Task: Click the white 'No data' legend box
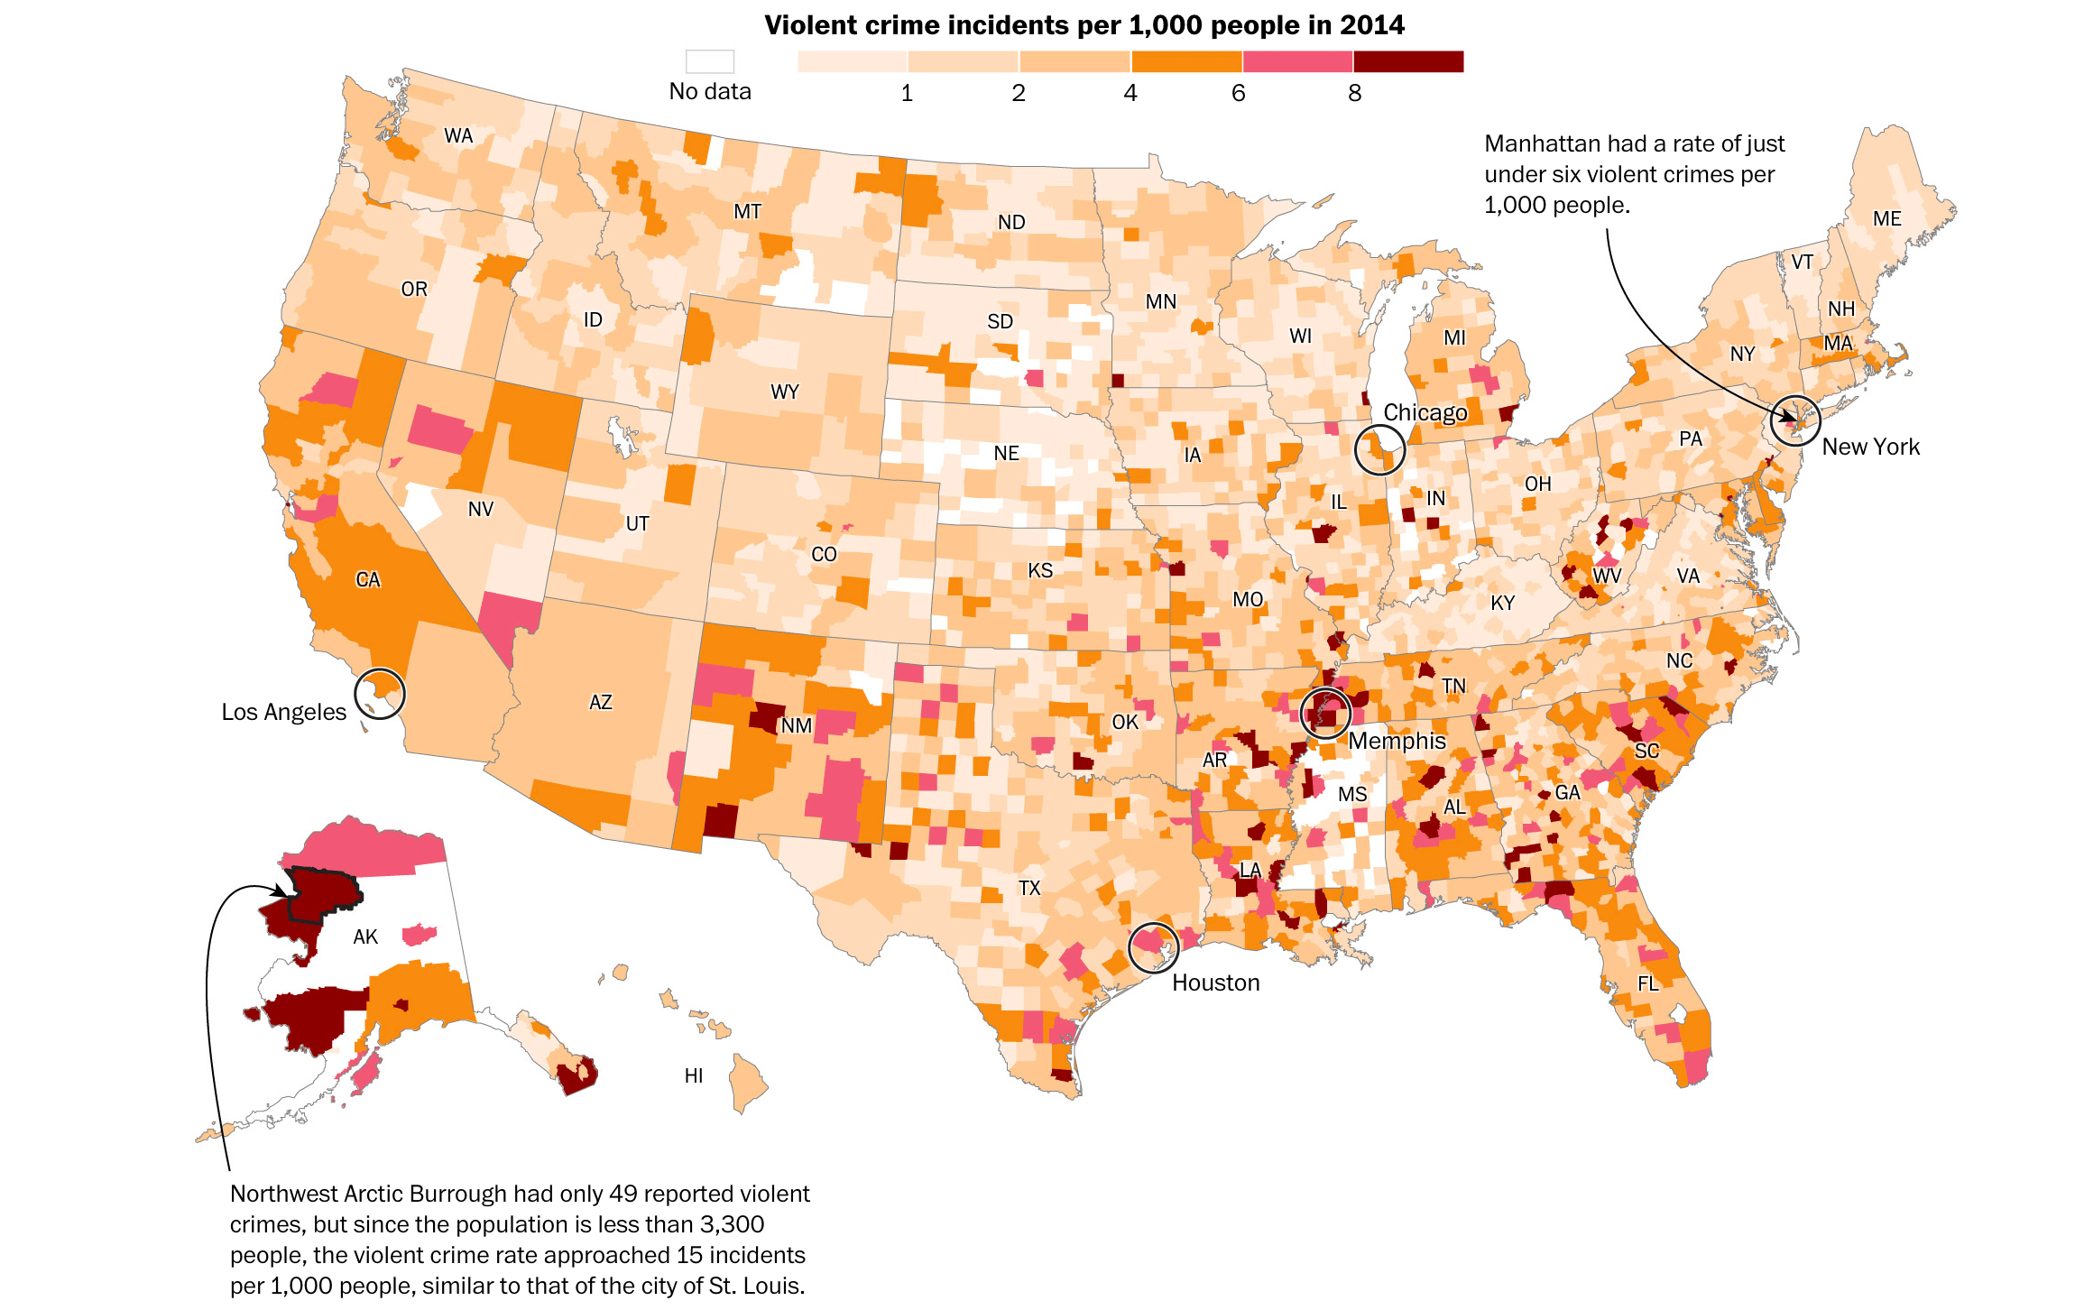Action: (710, 61)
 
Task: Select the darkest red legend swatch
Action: (1407, 61)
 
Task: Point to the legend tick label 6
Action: (1239, 93)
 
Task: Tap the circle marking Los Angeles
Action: (380, 694)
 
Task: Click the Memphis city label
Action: (1397, 742)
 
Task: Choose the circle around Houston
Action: (1153, 947)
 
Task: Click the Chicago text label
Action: (1425, 413)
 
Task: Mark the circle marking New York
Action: (1794, 420)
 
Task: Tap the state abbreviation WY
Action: (785, 392)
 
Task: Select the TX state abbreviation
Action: (1029, 889)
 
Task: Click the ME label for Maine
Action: (1886, 219)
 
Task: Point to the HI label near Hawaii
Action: (694, 1076)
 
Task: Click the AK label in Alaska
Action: (365, 937)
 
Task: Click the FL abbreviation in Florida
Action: (1648, 984)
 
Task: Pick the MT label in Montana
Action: (747, 212)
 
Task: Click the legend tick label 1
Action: (907, 93)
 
